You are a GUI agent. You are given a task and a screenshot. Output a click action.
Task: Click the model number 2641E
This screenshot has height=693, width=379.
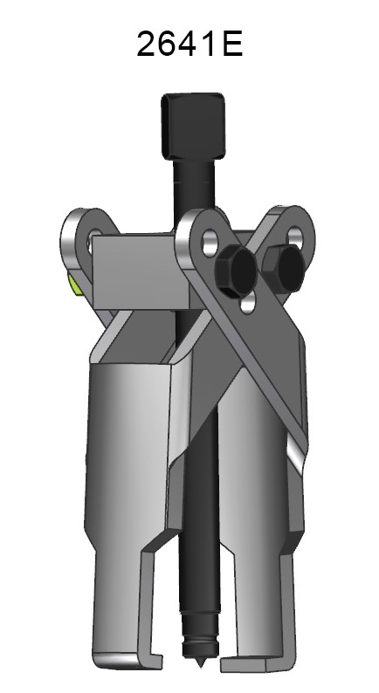tap(189, 41)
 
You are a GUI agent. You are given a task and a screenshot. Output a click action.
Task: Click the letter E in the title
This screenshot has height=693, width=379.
tap(231, 41)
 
